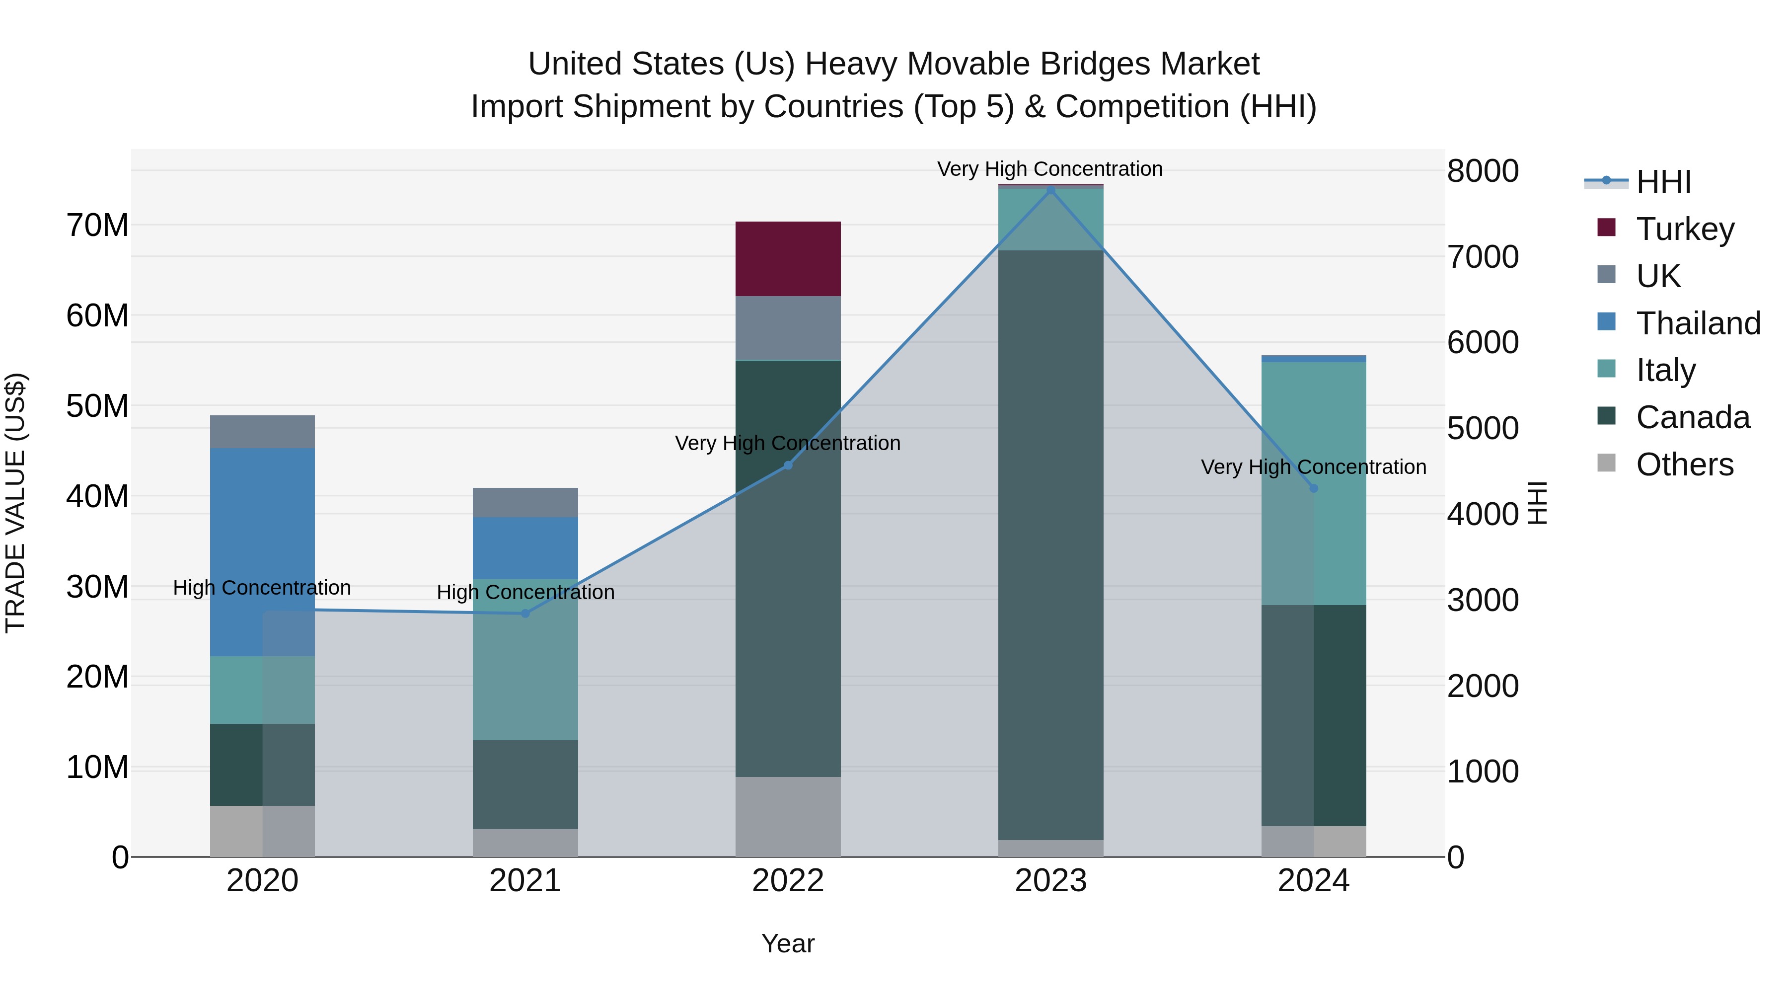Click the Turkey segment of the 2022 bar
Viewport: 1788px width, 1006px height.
point(788,259)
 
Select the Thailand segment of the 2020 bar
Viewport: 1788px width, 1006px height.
point(262,552)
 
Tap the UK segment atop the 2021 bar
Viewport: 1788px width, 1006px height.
point(525,502)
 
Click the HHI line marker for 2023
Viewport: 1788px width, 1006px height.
point(1051,190)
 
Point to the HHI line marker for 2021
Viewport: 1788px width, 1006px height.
point(525,613)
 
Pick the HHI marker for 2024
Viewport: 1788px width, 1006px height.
point(1313,488)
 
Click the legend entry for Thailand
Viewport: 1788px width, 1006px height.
point(1698,323)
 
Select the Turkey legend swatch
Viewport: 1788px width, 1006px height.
point(1607,228)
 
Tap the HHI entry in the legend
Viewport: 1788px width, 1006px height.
point(1663,182)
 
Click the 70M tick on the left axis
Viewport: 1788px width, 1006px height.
point(97,226)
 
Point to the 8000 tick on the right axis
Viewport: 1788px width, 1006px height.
point(1483,171)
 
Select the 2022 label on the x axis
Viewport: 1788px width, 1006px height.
point(788,881)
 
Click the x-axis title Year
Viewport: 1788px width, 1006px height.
point(788,943)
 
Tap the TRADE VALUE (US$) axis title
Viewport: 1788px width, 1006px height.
point(15,503)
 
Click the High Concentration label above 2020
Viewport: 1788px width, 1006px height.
point(262,587)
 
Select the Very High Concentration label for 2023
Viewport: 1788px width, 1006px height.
point(1049,169)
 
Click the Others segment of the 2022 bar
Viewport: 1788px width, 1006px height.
point(788,816)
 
